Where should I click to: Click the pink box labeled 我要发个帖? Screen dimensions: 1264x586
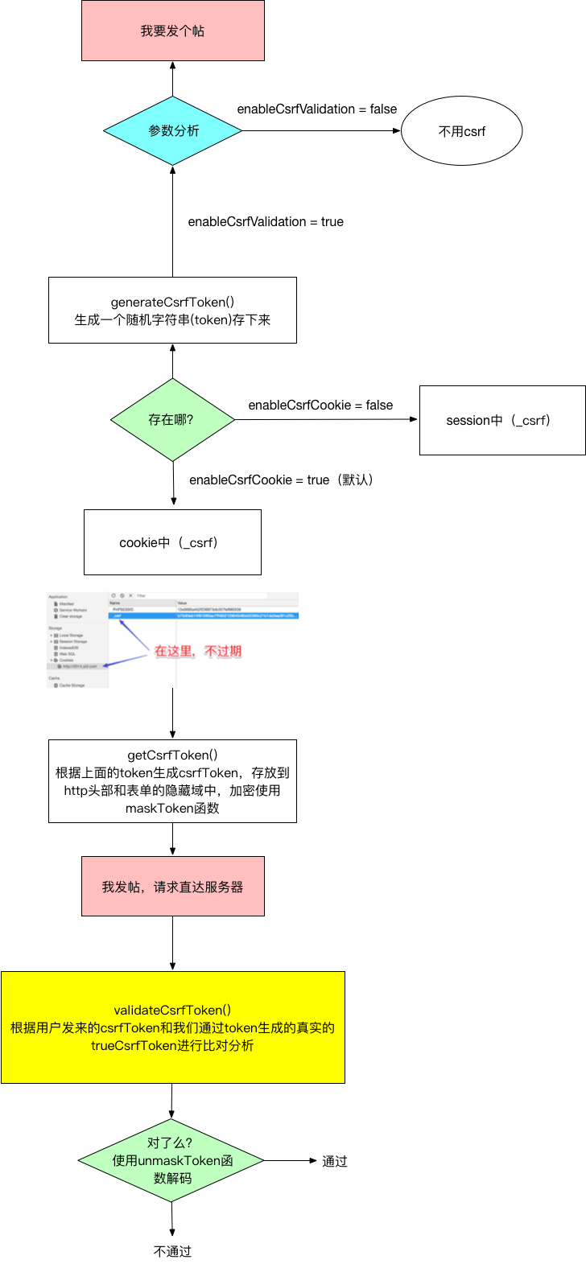tap(172, 31)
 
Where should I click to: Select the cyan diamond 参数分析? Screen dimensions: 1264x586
tap(172, 131)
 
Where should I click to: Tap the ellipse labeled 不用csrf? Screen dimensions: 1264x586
tap(461, 131)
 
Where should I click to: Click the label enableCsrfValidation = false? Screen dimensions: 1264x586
tap(316, 109)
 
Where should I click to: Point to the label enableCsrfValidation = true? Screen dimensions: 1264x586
tap(266, 222)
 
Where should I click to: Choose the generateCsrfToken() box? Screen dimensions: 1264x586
tap(172, 311)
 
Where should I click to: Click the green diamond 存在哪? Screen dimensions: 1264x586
tap(172, 420)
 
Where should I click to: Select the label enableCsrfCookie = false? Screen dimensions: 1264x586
tap(320, 406)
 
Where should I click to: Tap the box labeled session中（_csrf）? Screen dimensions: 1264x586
tap(501, 420)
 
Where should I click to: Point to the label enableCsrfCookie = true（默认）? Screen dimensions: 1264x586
tap(281, 480)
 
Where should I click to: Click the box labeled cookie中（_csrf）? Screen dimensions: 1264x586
tap(172, 542)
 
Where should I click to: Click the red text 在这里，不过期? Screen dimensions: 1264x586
tap(198, 652)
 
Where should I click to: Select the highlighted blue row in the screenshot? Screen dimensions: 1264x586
tap(203, 616)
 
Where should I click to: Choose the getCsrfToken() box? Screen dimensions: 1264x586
tap(172, 781)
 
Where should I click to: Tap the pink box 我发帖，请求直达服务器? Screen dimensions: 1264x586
tap(172, 887)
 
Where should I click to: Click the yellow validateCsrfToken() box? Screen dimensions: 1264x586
tap(172, 1027)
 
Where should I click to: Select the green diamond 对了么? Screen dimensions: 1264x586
tap(171, 1160)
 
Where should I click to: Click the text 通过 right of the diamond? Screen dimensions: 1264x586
tap(335, 1161)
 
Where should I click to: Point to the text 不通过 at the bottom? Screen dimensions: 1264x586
tap(172, 1251)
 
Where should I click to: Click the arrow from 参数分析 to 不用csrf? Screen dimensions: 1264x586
tap(322, 131)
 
